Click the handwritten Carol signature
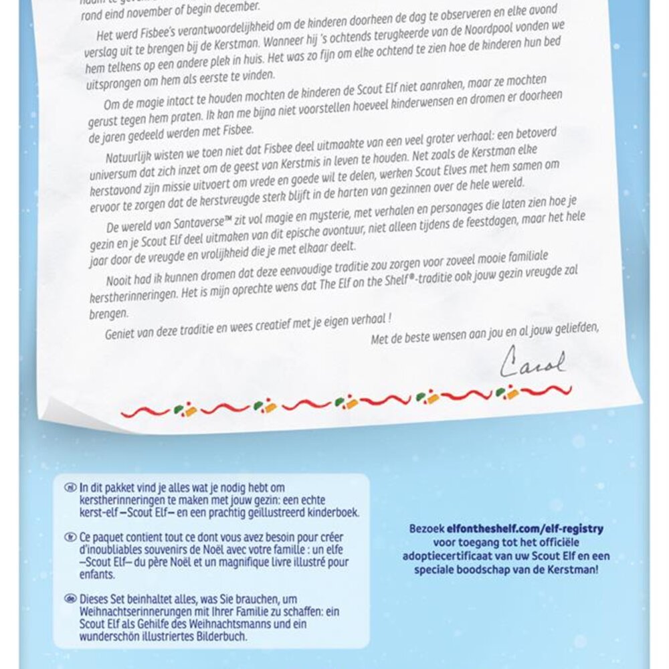point(533,362)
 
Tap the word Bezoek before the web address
point(429,529)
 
